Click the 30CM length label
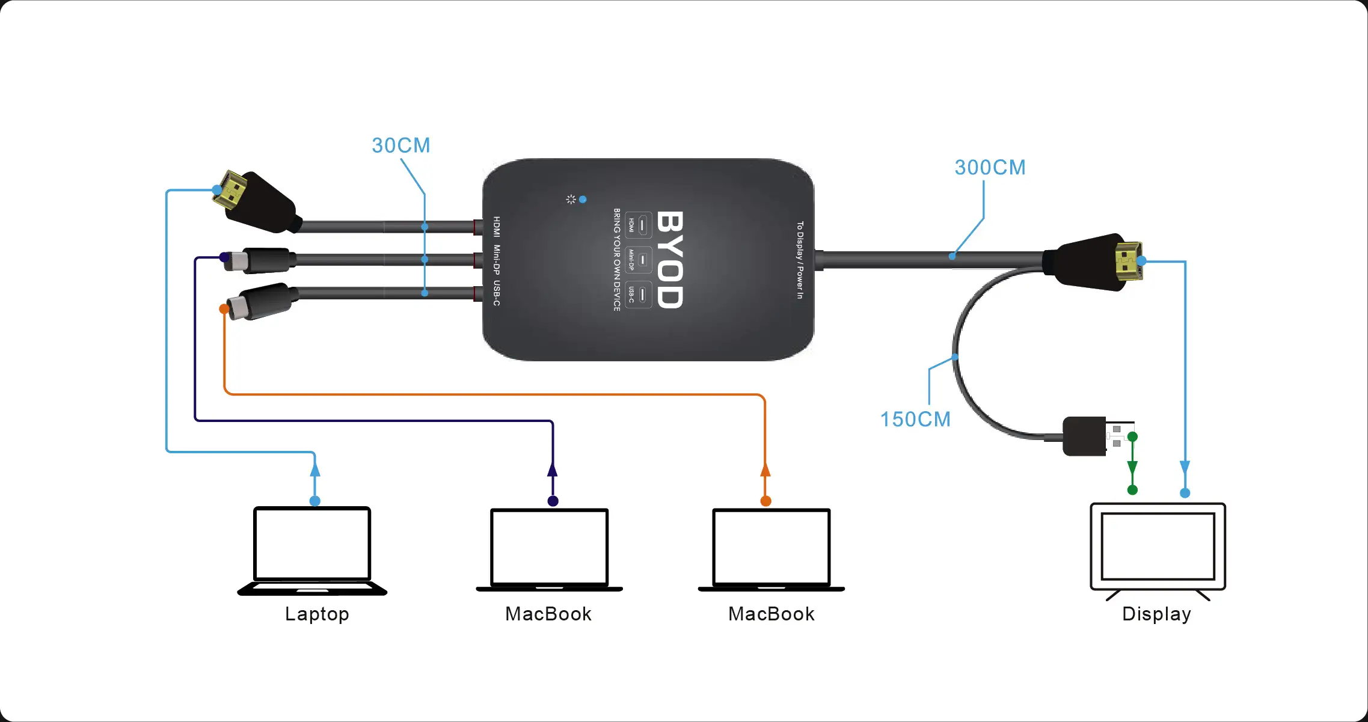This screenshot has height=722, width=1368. [x=401, y=145]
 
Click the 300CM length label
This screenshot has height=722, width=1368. [x=990, y=168]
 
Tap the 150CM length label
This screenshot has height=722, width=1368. [x=915, y=420]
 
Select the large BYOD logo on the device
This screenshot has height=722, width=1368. [x=670, y=260]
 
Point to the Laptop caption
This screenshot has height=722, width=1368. [x=317, y=614]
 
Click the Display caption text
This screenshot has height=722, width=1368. [x=1156, y=614]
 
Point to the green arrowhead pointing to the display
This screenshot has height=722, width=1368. [x=1132, y=468]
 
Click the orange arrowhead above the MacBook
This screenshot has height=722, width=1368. [x=765, y=470]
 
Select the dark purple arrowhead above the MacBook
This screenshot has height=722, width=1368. [x=553, y=470]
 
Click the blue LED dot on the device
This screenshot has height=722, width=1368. [x=583, y=199]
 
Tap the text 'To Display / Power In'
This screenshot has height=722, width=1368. [x=800, y=260]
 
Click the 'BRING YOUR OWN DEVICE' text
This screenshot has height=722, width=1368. [x=617, y=260]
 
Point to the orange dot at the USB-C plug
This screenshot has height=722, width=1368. [x=224, y=309]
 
